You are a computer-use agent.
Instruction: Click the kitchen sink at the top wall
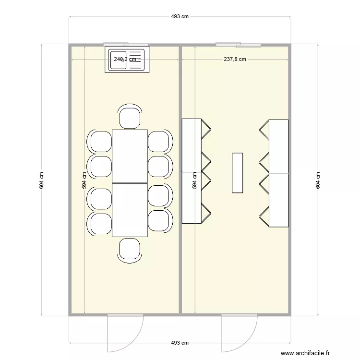coord(127,60)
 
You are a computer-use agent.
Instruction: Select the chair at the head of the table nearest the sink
coord(130,117)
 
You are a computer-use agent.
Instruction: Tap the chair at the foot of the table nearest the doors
coord(130,250)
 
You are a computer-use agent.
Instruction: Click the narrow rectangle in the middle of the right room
coord(237,173)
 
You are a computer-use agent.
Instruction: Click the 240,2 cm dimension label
coord(125,60)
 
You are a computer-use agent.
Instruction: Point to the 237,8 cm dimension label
coord(235,60)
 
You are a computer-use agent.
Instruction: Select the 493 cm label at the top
coord(180,16)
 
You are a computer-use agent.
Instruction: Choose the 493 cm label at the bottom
coord(180,343)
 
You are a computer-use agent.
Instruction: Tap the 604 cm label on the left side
coord(42,180)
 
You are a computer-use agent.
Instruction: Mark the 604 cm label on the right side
coord(317,180)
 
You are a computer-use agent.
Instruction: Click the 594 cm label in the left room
coord(84,180)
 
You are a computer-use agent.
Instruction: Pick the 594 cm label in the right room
coord(195,180)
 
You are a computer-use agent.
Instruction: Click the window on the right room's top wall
coord(238,45)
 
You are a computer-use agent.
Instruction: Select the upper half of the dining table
coord(130,156)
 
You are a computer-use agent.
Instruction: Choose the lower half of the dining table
coord(130,210)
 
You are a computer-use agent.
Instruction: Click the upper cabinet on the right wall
coord(278,146)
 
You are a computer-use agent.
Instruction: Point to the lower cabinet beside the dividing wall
coord(192,197)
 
